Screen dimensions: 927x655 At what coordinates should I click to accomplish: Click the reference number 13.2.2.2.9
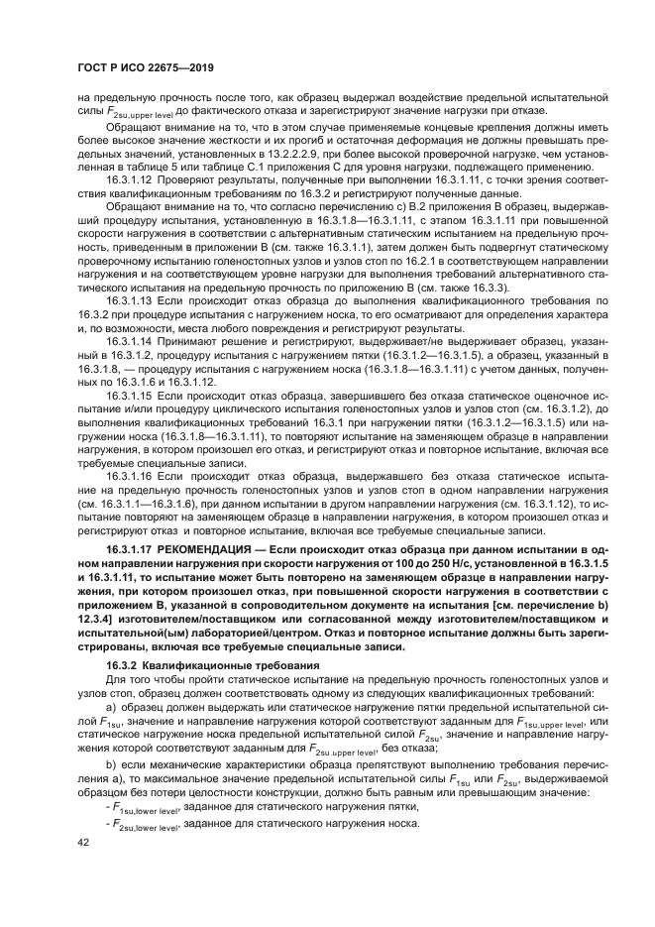pos(294,156)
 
